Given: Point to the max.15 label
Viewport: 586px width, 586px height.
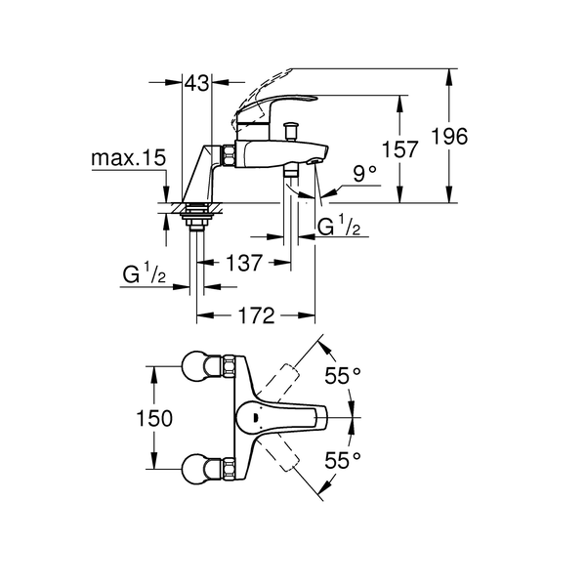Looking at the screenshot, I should pyautogui.click(x=129, y=157).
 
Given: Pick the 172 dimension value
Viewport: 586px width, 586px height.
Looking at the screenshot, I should pyautogui.click(x=256, y=315).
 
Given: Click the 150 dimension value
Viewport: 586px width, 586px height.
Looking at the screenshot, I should pyautogui.click(x=153, y=418).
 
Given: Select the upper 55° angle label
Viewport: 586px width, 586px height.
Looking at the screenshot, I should pyautogui.click(x=343, y=375).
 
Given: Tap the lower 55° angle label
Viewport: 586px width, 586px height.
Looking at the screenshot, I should pyautogui.click(x=343, y=459).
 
